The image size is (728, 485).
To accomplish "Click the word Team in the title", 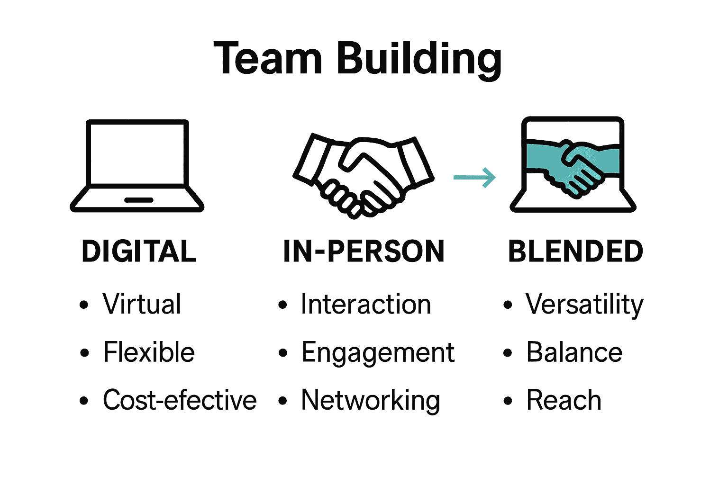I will [x=268, y=59].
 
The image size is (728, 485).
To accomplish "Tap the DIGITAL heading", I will [x=139, y=251].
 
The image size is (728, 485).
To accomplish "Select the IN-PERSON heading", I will [x=364, y=251].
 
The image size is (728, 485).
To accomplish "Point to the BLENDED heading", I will [x=575, y=251].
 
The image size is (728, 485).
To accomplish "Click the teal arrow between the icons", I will [x=474, y=178].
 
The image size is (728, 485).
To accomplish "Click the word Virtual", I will [x=142, y=304].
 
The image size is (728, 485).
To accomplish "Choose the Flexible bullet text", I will [x=149, y=352].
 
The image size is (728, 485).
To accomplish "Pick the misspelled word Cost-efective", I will [x=180, y=400].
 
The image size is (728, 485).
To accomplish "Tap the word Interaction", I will [x=366, y=304].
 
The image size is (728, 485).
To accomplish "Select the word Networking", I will [x=371, y=401].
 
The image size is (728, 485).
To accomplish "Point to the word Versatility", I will [x=584, y=304].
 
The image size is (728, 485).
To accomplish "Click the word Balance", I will [x=574, y=352].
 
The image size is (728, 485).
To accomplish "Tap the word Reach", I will [x=564, y=400].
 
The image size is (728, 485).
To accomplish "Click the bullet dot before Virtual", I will [x=84, y=305].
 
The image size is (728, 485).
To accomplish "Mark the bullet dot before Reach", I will [x=508, y=401].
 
